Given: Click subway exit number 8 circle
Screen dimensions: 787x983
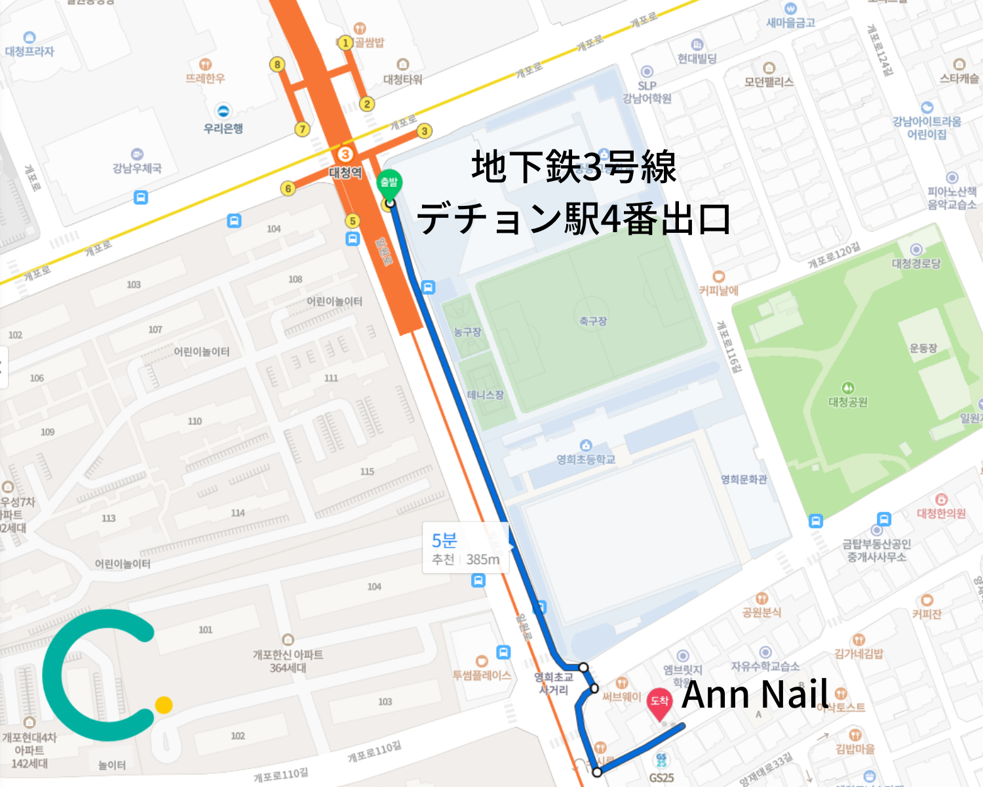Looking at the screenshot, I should pos(277,64).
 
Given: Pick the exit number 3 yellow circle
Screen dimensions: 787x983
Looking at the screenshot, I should pos(425,131).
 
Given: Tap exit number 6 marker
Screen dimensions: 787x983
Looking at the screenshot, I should pos(288,189).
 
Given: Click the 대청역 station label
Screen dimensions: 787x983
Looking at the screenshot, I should pos(345,172).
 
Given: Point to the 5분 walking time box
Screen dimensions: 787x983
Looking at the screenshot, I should pos(465,548).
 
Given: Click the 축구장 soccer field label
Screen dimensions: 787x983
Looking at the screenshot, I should pos(592,321).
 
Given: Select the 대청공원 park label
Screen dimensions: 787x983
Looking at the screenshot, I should pos(848,401).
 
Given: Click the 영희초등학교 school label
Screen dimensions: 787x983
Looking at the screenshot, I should pos(586,459).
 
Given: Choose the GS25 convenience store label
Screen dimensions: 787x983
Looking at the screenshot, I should pos(661,778).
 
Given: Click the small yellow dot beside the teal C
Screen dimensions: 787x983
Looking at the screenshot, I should pos(164,705).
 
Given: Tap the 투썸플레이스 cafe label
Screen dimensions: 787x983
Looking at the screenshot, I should pos(482,675).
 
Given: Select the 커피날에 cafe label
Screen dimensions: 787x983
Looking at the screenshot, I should pos(719,290).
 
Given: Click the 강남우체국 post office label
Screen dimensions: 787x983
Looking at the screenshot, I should pos(137,168).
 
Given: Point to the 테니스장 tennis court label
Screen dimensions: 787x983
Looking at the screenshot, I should pos(485,395).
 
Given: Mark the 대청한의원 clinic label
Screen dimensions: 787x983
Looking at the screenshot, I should pos(941,513).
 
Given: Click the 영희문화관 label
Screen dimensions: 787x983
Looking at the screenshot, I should pos(744,479).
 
